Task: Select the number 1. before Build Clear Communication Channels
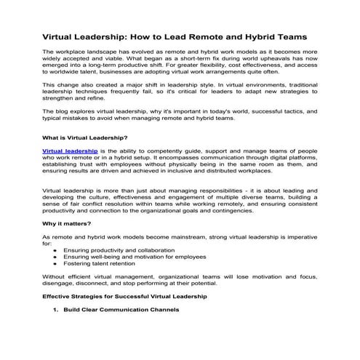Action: (x=57, y=310)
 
